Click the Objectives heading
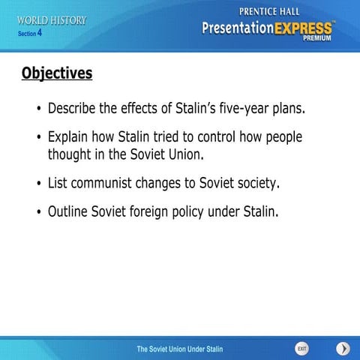tap(57, 73)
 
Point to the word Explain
tap(69, 138)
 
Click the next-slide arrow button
tap(343, 348)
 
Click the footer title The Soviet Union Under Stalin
tap(179, 349)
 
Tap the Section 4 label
tap(30, 34)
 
